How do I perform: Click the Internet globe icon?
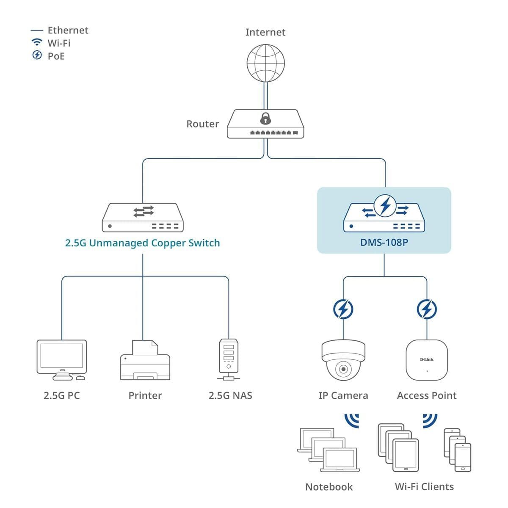point(265,63)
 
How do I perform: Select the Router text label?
point(202,124)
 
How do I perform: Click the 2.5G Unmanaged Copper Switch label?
point(142,243)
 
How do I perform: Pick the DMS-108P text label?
point(384,243)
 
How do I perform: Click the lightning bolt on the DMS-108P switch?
point(385,206)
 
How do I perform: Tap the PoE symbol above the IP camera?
point(343,309)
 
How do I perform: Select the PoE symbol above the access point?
point(427,309)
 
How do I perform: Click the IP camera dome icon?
point(343,360)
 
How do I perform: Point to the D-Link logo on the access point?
point(427,359)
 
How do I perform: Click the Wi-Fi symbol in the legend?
point(37,42)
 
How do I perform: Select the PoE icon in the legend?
point(37,55)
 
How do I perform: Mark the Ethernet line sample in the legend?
point(37,30)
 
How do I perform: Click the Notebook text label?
point(329,487)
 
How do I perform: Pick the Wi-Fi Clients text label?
point(424,487)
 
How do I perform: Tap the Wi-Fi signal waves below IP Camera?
point(352,420)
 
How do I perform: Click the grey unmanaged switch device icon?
point(143,218)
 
